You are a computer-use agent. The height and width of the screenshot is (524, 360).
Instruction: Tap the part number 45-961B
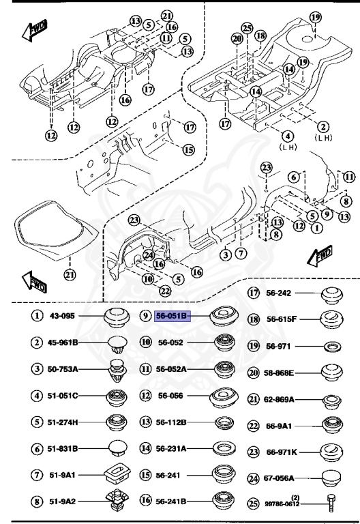(x=64, y=342)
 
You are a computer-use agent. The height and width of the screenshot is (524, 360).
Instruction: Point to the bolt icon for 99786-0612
(x=331, y=503)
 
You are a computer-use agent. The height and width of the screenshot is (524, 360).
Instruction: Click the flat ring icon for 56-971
(x=332, y=347)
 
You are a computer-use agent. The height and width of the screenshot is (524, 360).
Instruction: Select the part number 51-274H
(x=64, y=422)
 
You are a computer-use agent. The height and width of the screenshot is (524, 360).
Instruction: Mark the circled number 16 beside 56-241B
(x=145, y=500)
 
